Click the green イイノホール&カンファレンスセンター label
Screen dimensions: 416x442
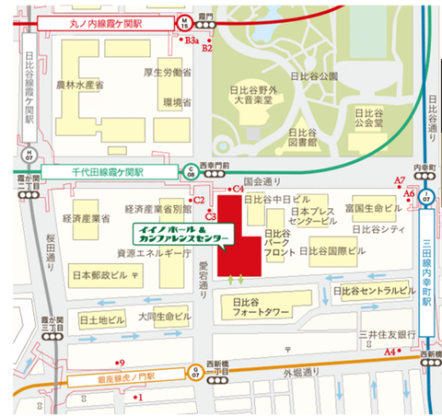pos(184,233)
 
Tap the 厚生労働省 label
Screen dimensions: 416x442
pos(173,72)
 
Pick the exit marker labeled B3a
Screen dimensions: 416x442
pos(192,40)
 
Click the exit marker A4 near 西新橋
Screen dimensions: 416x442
pos(390,352)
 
